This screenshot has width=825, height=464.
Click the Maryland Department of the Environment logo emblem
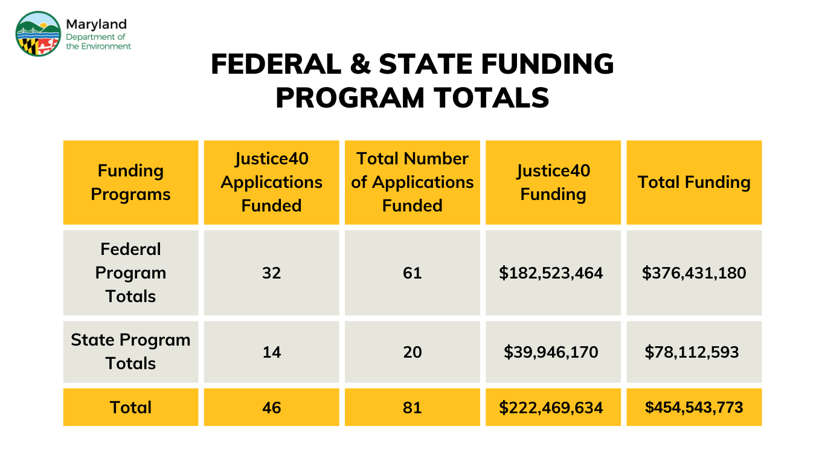point(38,34)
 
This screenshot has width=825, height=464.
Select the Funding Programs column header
point(130,182)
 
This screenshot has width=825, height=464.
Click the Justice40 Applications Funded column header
point(271,182)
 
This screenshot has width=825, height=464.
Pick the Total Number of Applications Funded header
point(412,182)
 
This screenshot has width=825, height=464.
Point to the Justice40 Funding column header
point(553,182)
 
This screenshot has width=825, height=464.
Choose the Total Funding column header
point(694,182)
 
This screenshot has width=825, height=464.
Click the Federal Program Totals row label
point(130,273)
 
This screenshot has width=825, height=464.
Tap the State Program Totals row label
point(130,352)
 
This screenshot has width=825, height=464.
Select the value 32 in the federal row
point(271,273)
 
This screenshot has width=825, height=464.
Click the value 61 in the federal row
point(412,273)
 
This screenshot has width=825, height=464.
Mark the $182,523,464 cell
point(551,273)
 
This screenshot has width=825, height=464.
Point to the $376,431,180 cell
point(694,273)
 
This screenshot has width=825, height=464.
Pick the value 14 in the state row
point(271,352)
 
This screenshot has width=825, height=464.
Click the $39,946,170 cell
point(551,352)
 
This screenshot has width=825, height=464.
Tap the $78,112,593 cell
point(692,352)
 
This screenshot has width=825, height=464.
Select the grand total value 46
point(271,407)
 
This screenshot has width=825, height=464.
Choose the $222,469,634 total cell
point(551,408)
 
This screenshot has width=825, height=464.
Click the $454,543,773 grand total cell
point(694,407)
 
